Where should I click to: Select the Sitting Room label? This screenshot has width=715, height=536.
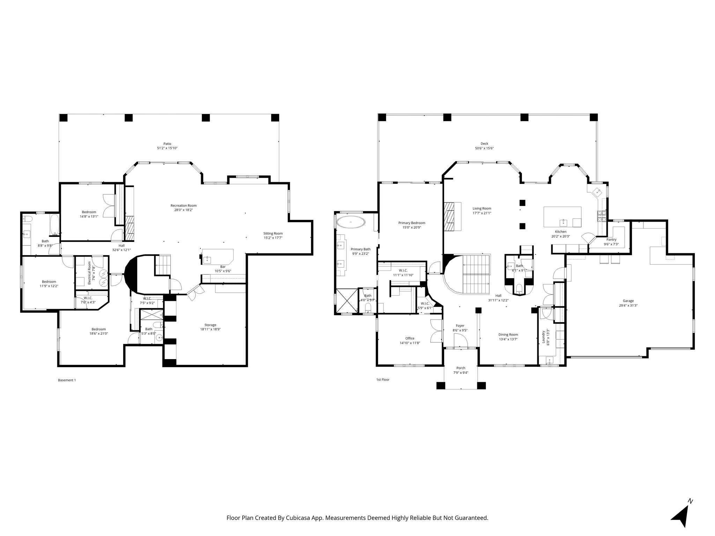pyautogui.click(x=273, y=233)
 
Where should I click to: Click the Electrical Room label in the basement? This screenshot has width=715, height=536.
pyautogui.click(x=89, y=273)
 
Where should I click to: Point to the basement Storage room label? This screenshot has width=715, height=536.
pyautogui.click(x=210, y=325)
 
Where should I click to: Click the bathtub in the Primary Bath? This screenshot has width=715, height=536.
pyautogui.click(x=351, y=222)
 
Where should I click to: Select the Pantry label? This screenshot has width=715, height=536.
pyautogui.click(x=611, y=239)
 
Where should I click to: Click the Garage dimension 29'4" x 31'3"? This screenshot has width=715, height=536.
pyautogui.click(x=628, y=305)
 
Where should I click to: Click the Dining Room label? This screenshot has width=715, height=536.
pyautogui.click(x=508, y=334)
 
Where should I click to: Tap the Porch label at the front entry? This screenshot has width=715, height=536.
pyautogui.click(x=460, y=368)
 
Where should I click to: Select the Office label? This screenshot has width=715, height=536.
pyautogui.click(x=410, y=338)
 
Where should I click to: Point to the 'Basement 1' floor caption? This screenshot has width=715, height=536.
pyautogui.click(x=67, y=380)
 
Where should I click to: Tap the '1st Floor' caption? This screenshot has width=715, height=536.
pyautogui.click(x=382, y=379)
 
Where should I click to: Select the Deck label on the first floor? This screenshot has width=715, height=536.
pyautogui.click(x=484, y=143)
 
